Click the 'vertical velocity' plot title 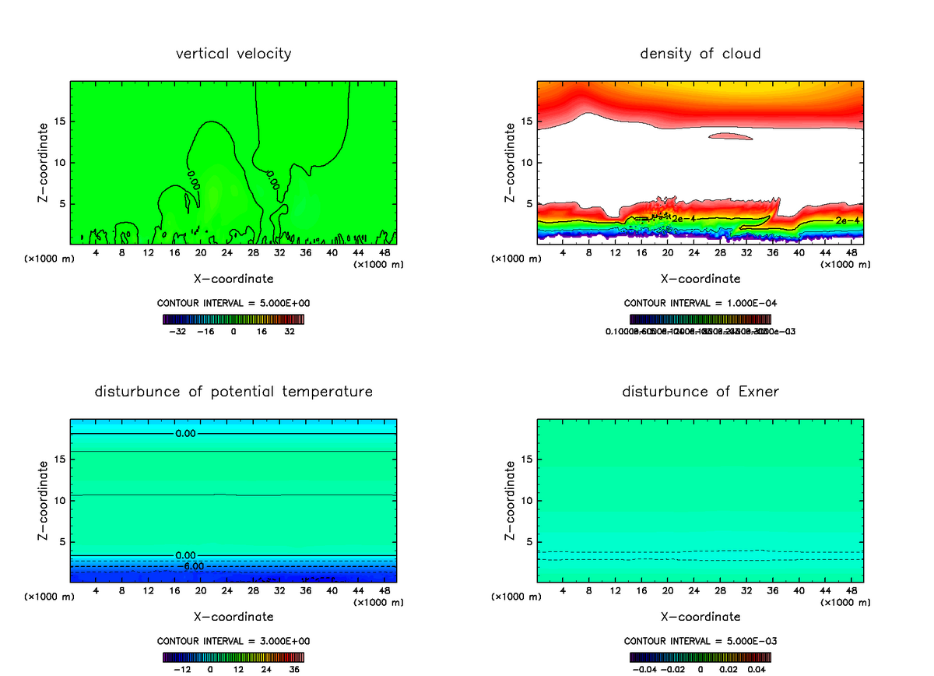[x=233, y=54]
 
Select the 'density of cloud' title [x=700, y=54]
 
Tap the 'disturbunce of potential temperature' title [x=233, y=391]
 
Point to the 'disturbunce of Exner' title [x=700, y=391]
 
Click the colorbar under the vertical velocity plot [x=233, y=319]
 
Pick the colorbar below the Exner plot [x=700, y=657]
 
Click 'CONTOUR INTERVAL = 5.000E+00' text [x=233, y=303]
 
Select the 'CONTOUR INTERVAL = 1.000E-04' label [x=700, y=303]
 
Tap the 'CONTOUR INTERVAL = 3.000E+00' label [x=233, y=641]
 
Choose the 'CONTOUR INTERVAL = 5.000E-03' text [x=700, y=641]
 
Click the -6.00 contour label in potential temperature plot [x=193, y=566]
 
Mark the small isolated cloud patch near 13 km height [x=730, y=137]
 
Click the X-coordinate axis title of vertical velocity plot [x=233, y=278]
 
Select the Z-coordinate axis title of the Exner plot [x=511, y=500]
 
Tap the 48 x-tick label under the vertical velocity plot [x=384, y=252]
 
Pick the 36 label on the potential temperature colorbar [x=293, y=669]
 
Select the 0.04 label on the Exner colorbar [x=757, y=669]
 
